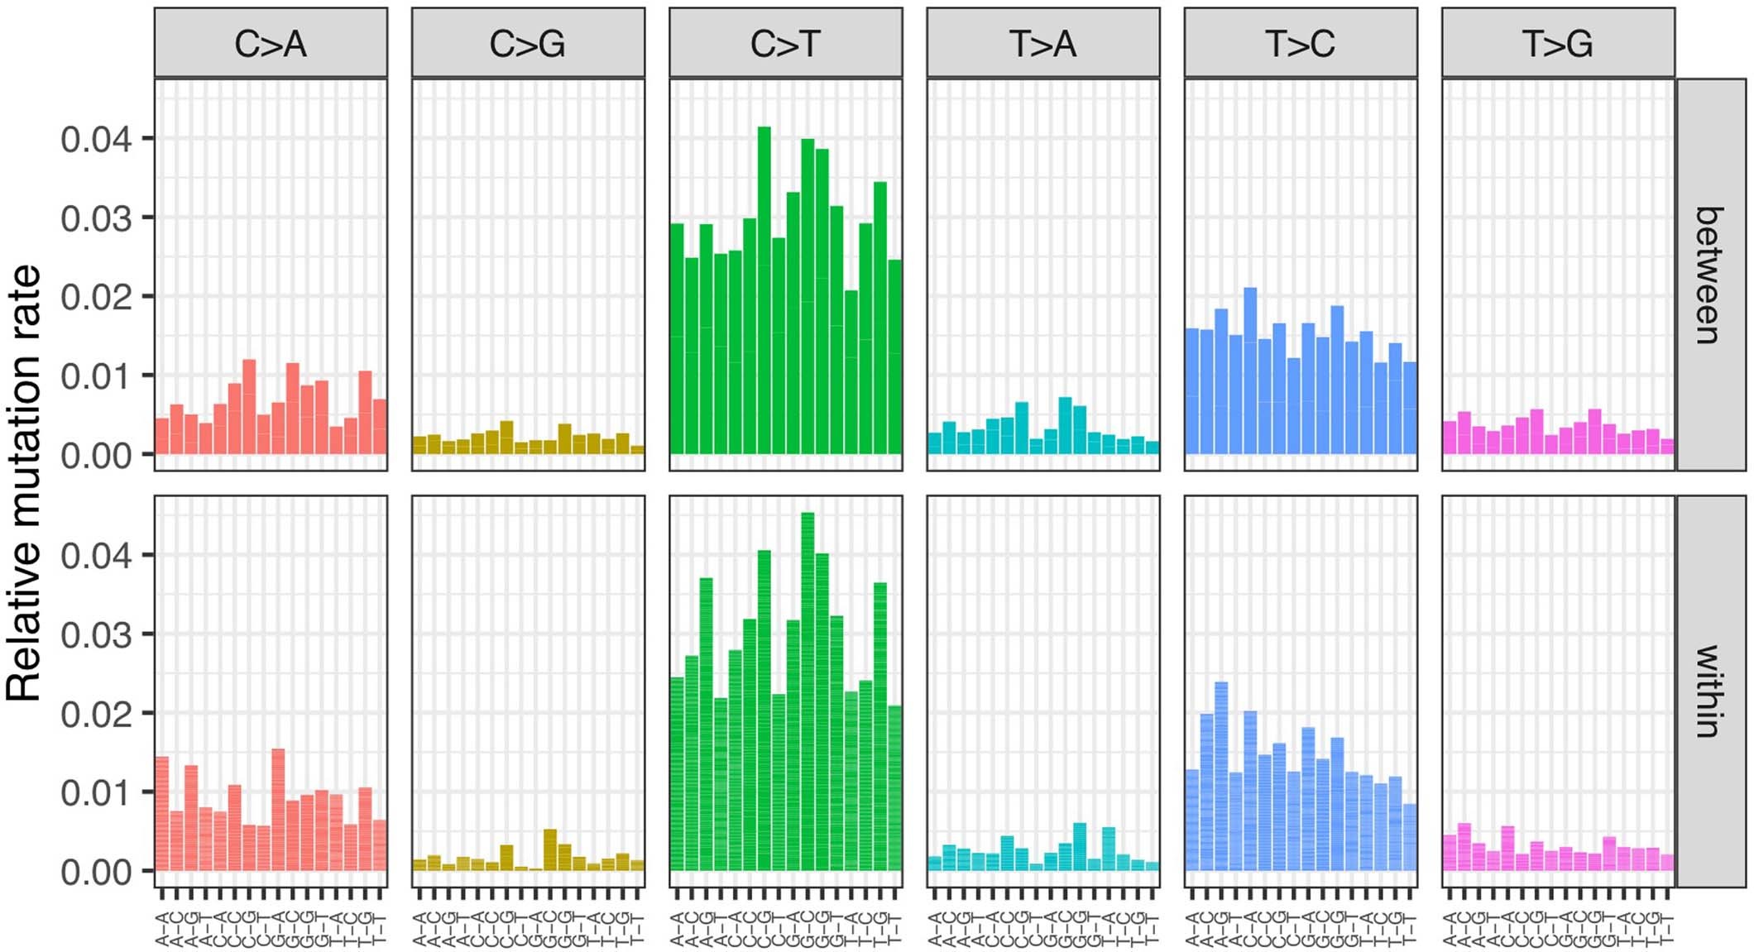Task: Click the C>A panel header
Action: tap(271, 43)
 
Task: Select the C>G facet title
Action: tap(528, 43)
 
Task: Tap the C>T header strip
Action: tap(785, 43)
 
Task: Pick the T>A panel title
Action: tap(1042, 43)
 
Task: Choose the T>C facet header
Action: tap(1300, 43)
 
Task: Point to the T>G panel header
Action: tap(1558, 43)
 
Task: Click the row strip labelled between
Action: tap(1709, 275)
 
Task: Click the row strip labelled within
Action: tap(1709, 691)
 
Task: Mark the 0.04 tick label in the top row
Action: tap(95, 140)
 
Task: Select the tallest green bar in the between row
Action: tap(764, 289)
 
